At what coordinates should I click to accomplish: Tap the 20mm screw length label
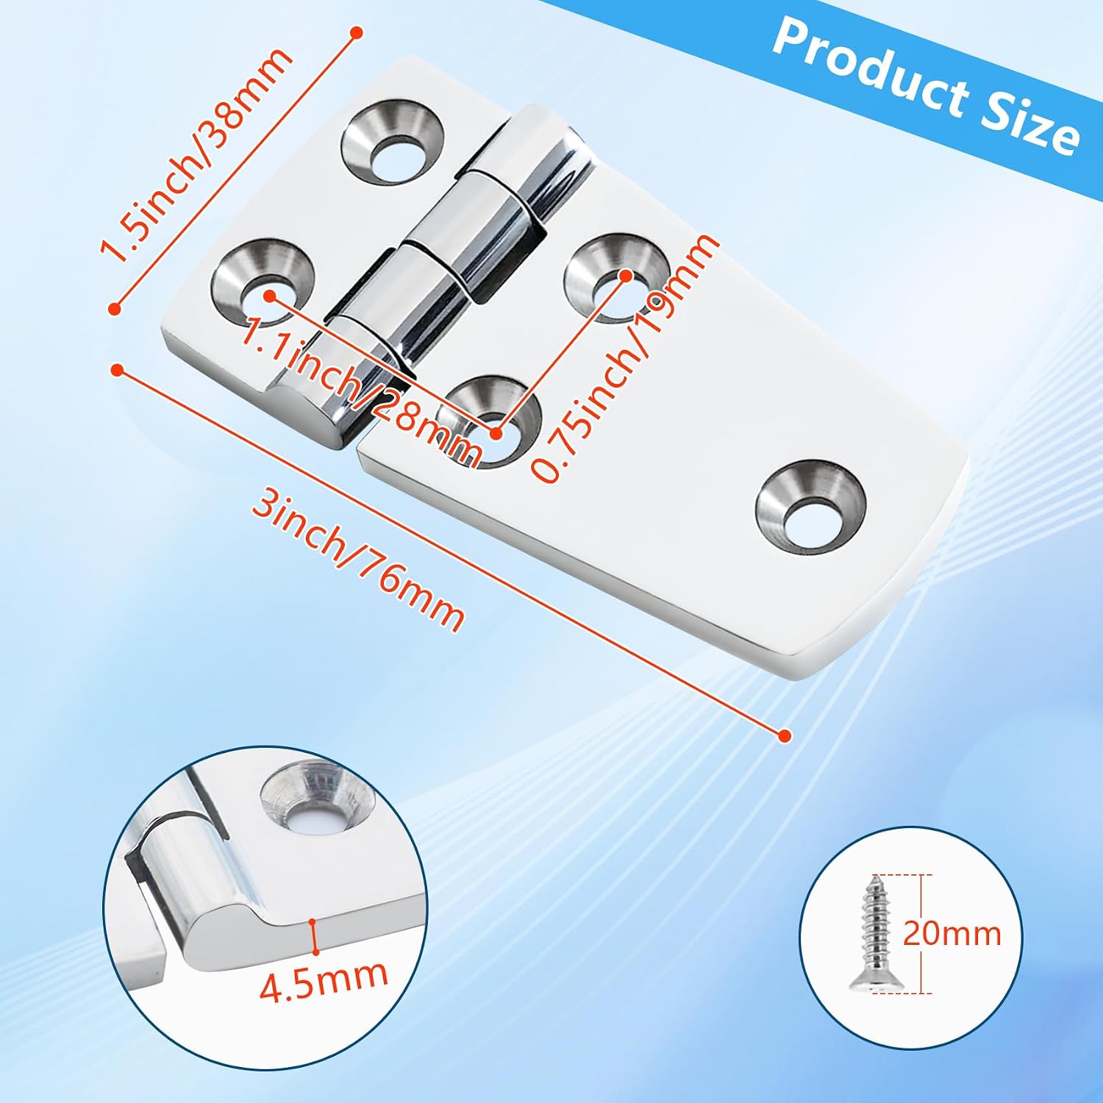click(x=952, y=933)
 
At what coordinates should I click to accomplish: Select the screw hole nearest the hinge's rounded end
click(x=811, y=507)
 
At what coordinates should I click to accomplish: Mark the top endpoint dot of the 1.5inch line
click(x=357, y=32)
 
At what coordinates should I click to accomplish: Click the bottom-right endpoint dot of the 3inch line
click(x=784, y=735)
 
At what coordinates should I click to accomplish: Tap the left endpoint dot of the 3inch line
click(x=116, y=369)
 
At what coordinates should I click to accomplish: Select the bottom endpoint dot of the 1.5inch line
click(x=114, y=310)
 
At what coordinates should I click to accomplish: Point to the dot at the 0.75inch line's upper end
click(x=626, y=275)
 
